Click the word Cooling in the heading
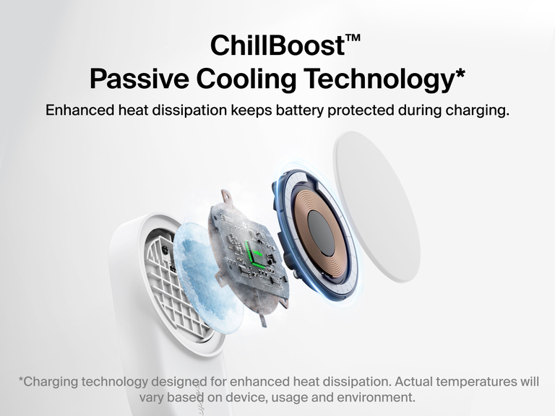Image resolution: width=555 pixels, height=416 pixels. [256, 78]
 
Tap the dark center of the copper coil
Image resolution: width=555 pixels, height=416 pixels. [320, 233]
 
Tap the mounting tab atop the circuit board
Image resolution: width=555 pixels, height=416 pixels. [226, 196]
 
